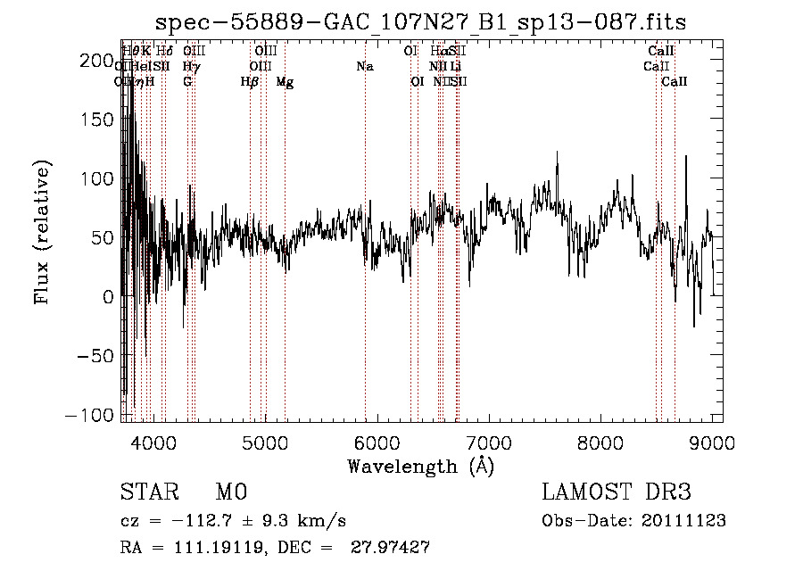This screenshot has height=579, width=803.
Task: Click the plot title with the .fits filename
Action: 420,22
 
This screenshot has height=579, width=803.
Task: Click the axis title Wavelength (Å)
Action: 420,466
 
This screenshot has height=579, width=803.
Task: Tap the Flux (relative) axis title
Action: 42,232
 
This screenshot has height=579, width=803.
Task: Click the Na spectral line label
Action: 364,66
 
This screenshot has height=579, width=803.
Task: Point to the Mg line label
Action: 285,82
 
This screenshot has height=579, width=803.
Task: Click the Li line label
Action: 456,66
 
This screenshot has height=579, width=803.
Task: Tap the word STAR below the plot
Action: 148,492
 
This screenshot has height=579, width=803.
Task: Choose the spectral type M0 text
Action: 230,492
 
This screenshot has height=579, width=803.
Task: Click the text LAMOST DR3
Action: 617,492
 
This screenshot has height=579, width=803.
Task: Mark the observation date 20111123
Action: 684,521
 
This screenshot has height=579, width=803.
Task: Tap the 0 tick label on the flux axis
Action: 109,296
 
